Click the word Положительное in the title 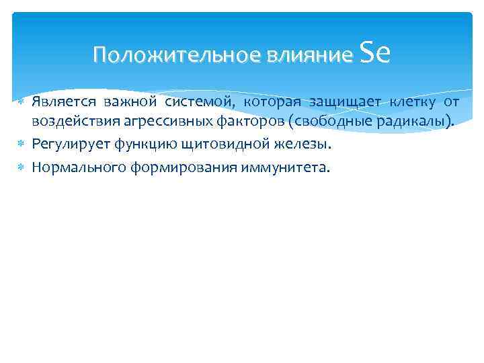(177, 55)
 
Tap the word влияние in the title (310, 55)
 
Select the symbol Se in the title (375, 52)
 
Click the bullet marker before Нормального (21, 167)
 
